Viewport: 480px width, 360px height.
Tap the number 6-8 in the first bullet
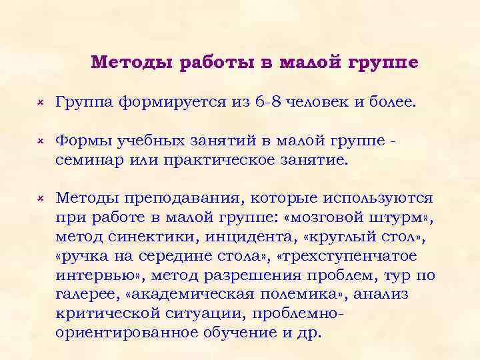269,102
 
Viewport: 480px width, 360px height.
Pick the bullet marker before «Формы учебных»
40,143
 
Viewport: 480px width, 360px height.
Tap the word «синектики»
154,236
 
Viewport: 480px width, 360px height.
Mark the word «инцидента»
257,236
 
